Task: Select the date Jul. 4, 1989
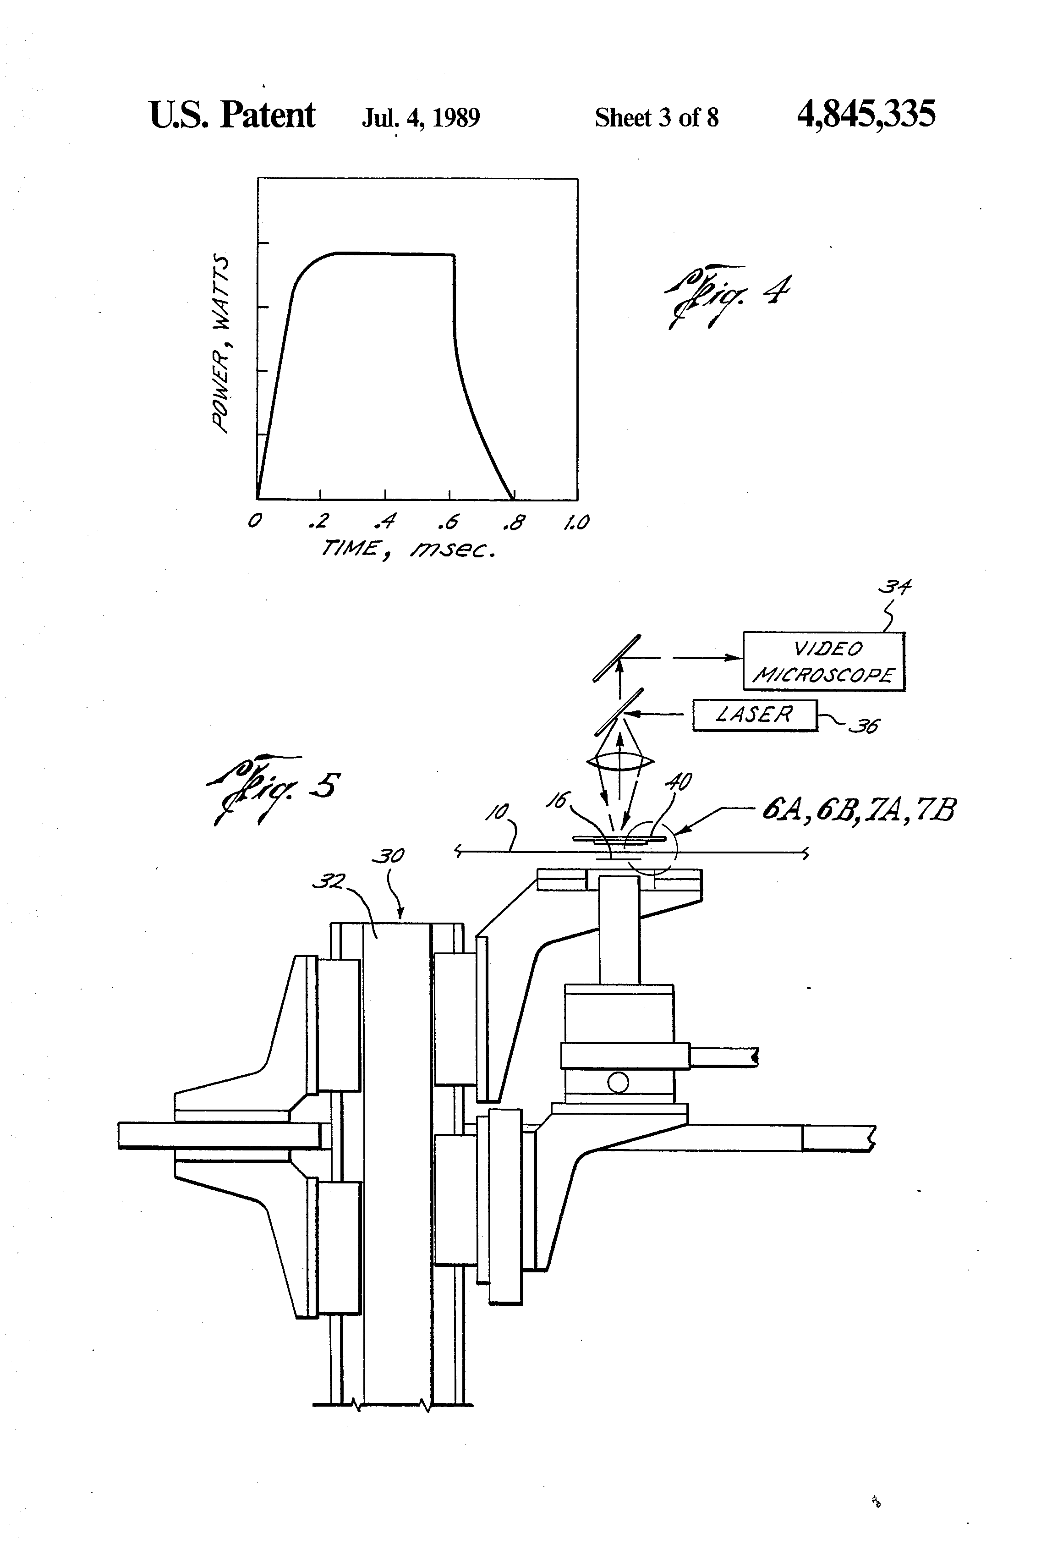pos(421,118)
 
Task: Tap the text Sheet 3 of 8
pos(657,118)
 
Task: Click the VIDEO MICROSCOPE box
pos(824,661)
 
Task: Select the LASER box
pos(755,715)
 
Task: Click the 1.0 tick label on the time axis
pos(576,522)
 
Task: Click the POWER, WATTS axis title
pos(221,343)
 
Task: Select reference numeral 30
pos(388,856)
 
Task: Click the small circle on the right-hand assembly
pos(618,1083)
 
